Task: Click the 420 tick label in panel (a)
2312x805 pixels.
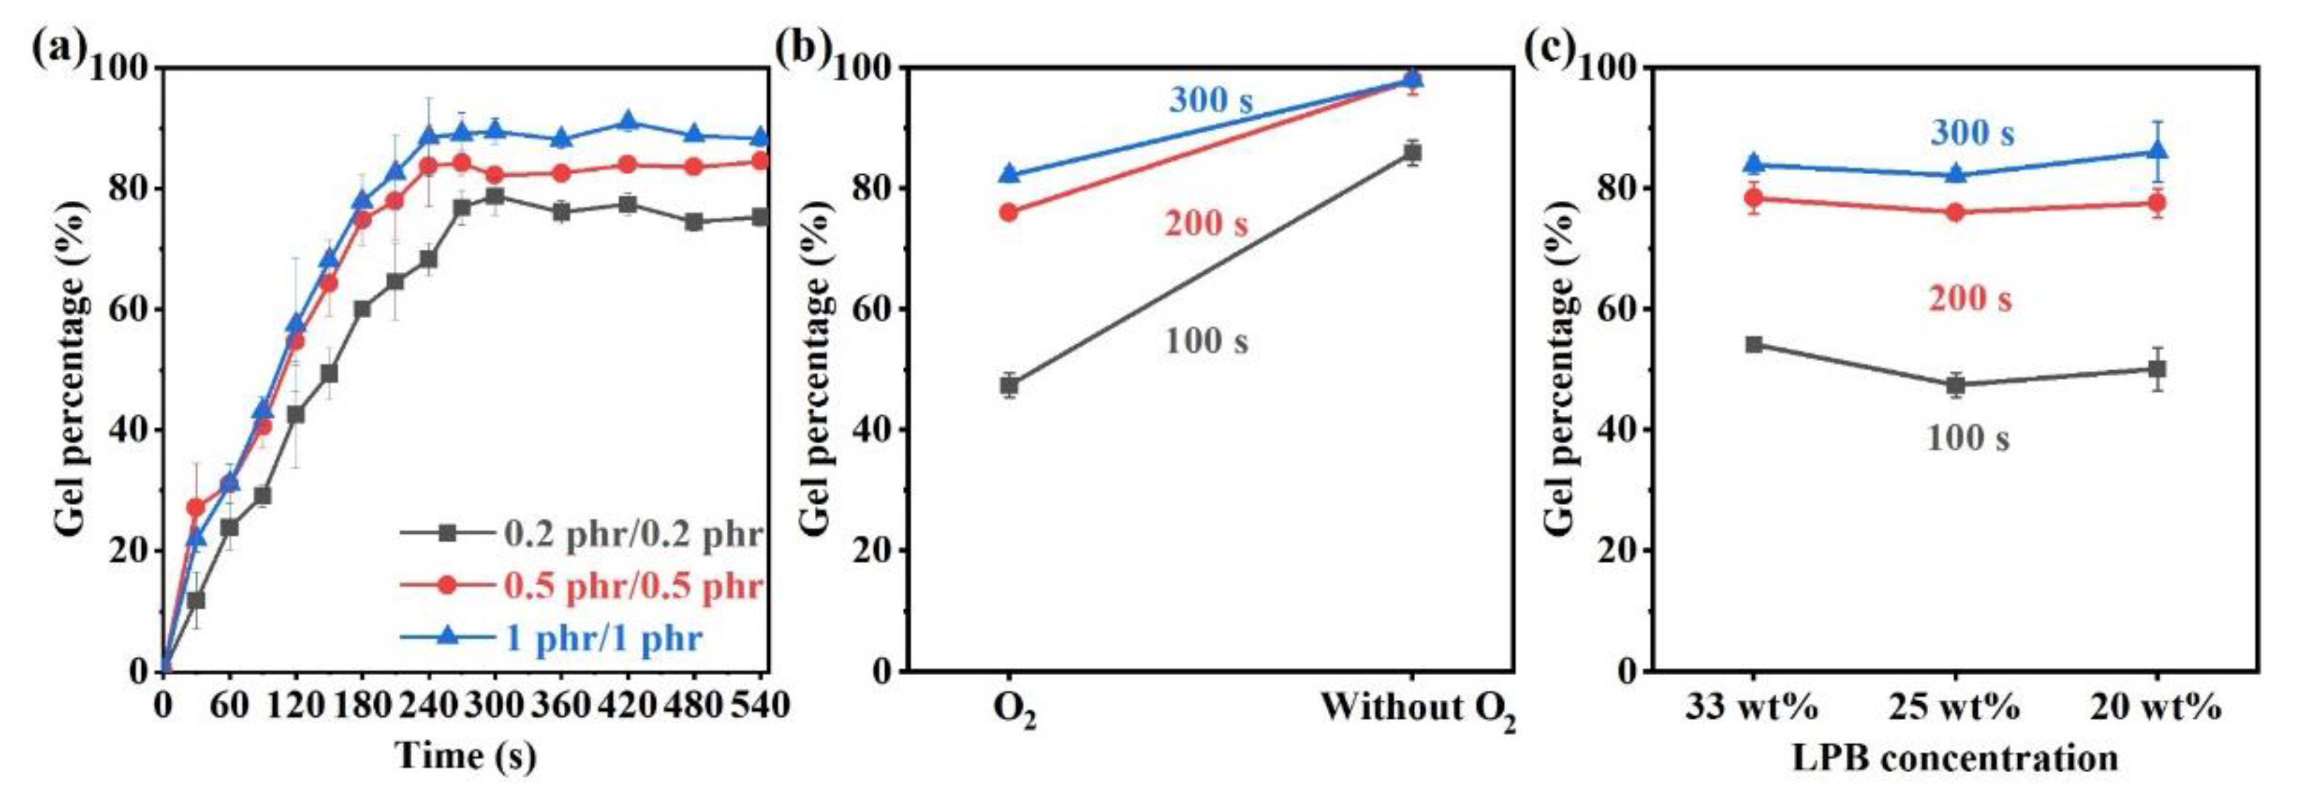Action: (627, 705)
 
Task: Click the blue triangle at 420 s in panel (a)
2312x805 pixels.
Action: (627, 121)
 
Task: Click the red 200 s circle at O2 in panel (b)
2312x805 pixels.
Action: (1009, 212)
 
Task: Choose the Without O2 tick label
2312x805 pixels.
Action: (1417, 709)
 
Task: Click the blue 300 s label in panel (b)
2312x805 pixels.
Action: (1210, 101)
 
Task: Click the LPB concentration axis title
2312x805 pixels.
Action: (1955, 758)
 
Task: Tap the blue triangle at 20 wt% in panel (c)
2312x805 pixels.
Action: (2156, 151)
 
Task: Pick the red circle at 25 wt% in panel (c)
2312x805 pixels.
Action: (1955, 212)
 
